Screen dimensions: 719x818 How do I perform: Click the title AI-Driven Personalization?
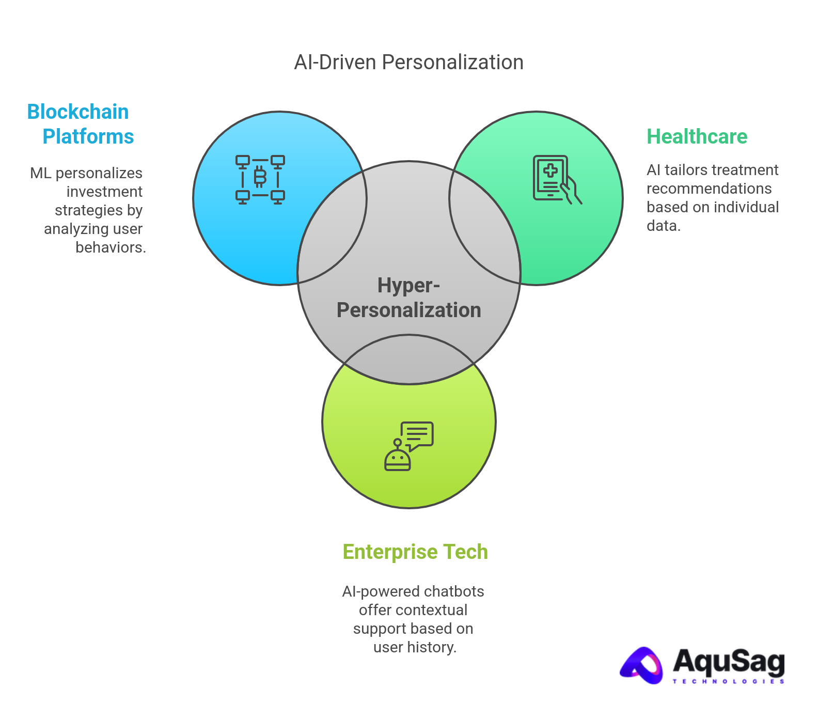[408, 62]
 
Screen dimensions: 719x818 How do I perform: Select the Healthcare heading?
[697, 137]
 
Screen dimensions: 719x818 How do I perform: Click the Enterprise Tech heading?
[415, 552]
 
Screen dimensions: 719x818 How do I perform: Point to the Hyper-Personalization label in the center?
[408, 298]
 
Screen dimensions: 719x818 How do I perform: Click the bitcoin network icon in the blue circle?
[260, 179]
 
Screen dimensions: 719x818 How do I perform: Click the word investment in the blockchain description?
[104, 192]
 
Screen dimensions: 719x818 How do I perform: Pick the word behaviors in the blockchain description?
[111, 247]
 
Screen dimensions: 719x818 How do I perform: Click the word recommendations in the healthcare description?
[709, 189]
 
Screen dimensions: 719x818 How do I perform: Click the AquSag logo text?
[728, 661]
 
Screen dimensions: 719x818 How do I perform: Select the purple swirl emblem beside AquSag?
[642, 665]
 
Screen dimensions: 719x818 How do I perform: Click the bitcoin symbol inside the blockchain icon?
[260, 177]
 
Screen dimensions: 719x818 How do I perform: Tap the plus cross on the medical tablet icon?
[550, 170]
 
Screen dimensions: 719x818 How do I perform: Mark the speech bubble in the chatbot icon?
[417, 434]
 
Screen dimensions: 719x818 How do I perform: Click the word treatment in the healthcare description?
[749, 170]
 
